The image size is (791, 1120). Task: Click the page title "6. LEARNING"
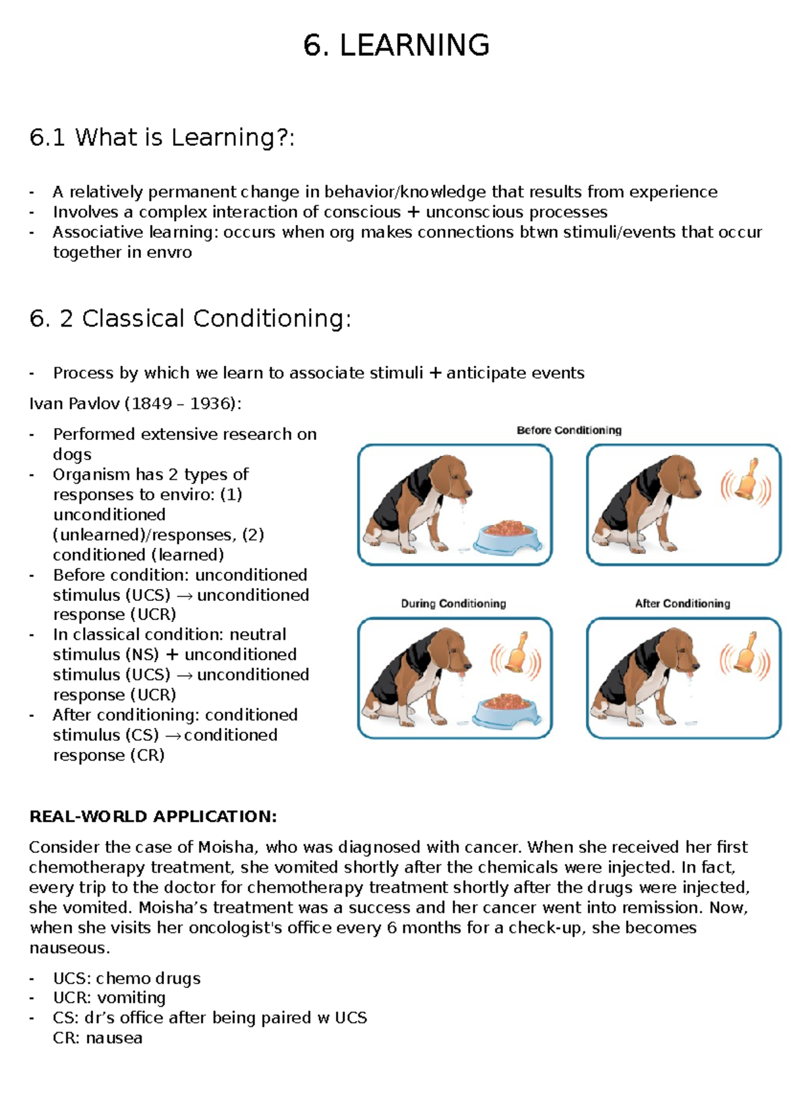click(396, 46)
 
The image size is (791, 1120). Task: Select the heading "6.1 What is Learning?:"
click(161, 137)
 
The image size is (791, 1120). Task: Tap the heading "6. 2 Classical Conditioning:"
click(190, 319)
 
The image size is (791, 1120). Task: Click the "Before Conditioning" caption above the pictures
click(569, 430)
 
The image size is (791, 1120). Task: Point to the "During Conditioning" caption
click(454, 604)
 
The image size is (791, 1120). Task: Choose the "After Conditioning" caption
click(682, 604)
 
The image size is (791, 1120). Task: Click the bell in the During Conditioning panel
click(517, 654)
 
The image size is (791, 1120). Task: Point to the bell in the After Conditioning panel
click(746, 655)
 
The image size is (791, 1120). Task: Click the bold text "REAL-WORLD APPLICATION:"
click(153, 817)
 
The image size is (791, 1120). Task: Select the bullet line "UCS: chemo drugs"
click(127, 978)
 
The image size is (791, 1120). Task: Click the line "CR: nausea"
click(98, 1038)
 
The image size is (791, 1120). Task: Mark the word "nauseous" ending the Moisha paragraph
click(67, 948)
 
